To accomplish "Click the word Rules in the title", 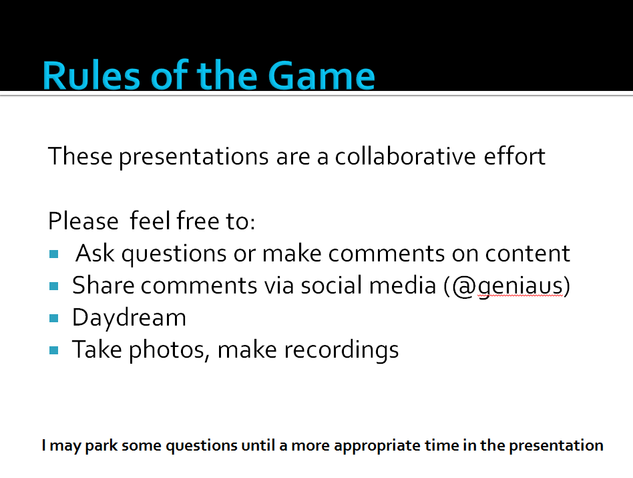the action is [91, 75].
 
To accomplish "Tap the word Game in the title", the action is [321, 75].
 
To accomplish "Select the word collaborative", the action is [405, 156].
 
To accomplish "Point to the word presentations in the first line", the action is [194, 158].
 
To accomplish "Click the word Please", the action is [83, 221].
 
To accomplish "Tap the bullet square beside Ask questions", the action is [53, 254].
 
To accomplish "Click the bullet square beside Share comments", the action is [53, 287].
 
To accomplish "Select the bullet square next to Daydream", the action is [53, 318].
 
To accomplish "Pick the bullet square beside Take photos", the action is [53, 350].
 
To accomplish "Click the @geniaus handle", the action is [507, 287].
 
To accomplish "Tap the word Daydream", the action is [129, 318].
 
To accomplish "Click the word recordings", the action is [341, 350].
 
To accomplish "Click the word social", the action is [331, 285].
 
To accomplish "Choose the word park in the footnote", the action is [101, 446].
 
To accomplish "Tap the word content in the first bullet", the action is [527, 254].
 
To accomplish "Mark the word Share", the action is [103, 285].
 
